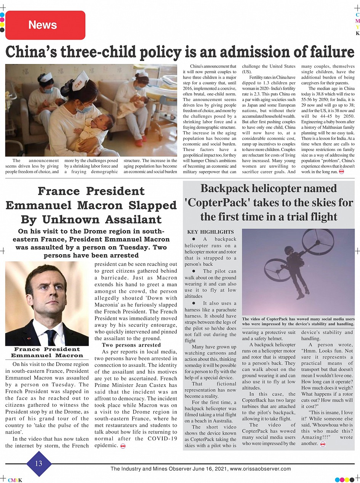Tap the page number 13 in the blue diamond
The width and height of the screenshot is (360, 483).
point(38,464)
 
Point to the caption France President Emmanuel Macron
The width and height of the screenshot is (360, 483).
point(47,352)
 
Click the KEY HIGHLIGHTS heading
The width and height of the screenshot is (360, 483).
point(210,232)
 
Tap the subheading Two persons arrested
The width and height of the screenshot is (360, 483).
point(126,345)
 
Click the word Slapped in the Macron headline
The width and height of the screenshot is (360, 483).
point(152,205)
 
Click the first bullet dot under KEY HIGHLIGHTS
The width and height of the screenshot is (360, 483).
point(194,239)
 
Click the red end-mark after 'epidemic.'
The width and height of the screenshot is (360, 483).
point(123,446)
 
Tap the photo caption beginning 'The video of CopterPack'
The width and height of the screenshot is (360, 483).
point(298,321)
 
